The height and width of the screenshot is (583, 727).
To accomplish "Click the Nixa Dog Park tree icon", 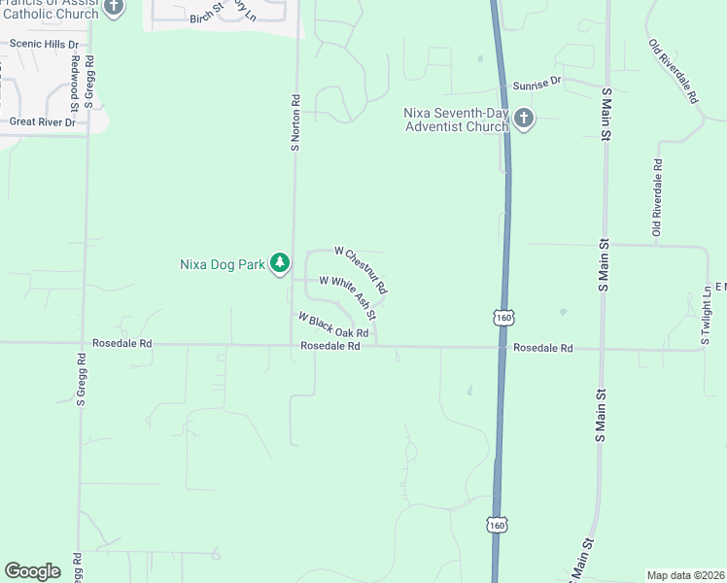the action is point(280,263).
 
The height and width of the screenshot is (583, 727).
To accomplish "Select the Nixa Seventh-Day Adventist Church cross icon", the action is point(524,120).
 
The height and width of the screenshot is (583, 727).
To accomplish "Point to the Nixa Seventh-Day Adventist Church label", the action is point(456,120).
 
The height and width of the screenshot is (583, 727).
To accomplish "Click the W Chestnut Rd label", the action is point(362,270).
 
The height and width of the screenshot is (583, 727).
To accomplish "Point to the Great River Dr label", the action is point(43,122).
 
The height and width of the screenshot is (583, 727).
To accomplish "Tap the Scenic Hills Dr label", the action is point(44,44).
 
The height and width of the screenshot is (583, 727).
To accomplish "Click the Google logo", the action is point(33,571).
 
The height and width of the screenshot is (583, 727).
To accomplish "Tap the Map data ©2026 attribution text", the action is point(685,575).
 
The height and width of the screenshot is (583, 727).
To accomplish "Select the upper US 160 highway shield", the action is point(502,318).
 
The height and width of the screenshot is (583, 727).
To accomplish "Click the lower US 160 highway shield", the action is point(497,525).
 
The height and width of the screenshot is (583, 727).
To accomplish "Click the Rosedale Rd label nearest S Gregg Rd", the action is point(122,344).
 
